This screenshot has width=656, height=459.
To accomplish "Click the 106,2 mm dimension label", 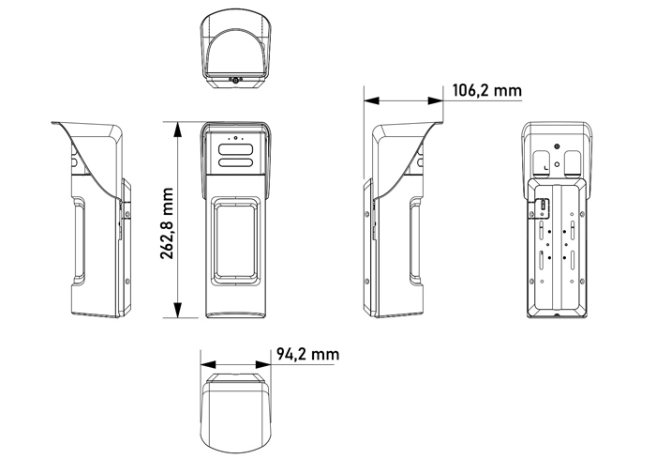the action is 487,90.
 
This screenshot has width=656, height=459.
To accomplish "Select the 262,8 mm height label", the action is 168,223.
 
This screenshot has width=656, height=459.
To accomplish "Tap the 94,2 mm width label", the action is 307,355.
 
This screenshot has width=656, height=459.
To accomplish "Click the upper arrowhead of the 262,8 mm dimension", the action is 178,130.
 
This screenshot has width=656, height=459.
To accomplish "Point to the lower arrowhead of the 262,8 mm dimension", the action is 178,310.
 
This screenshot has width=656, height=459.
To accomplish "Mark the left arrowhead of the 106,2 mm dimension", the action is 371,100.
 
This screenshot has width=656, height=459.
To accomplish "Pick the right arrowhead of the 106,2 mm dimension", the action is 435,100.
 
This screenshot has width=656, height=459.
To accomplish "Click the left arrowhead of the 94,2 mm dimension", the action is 208,365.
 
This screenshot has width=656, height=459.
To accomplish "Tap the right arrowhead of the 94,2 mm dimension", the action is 262,365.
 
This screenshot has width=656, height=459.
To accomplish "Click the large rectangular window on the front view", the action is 235,241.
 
